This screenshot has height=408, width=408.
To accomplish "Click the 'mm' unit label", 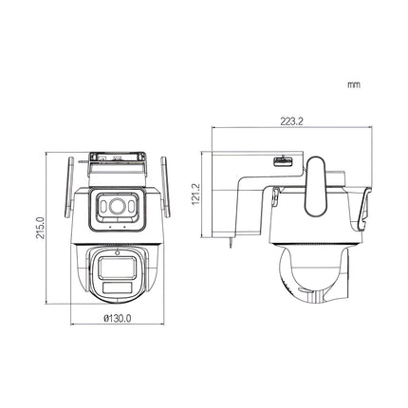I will point(353,84).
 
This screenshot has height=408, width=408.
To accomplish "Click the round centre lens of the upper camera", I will point(117,205).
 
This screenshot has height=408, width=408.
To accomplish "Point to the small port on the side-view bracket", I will point(283,162).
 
